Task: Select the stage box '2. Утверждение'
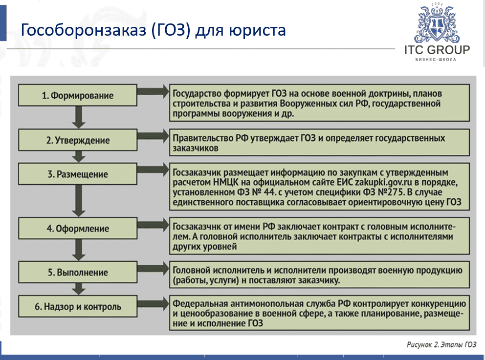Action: point(78,140)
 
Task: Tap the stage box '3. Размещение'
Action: point(78,174)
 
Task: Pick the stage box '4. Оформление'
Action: point(78,229)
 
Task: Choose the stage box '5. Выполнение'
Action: point(78,273)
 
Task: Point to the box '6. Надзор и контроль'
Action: point(78,307)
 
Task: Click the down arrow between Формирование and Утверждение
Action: point(78,118)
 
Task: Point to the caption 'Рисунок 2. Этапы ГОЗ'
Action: point(441,345)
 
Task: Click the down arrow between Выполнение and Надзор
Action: point(78,290)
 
